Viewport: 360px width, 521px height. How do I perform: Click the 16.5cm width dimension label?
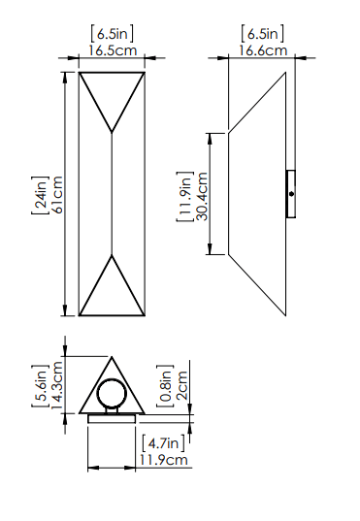[x=113, y=49]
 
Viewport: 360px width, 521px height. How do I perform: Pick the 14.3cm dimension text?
[x=57, y=385]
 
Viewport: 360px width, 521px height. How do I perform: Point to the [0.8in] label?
[x=165, y=385]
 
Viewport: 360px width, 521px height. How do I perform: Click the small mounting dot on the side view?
[x=291, y=195]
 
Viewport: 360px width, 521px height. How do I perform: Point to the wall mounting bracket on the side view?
[x=291, y=195]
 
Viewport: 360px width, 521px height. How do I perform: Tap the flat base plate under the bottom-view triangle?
[x=113, y=419]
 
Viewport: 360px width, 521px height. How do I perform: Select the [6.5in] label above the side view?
[x=261, y=33]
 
